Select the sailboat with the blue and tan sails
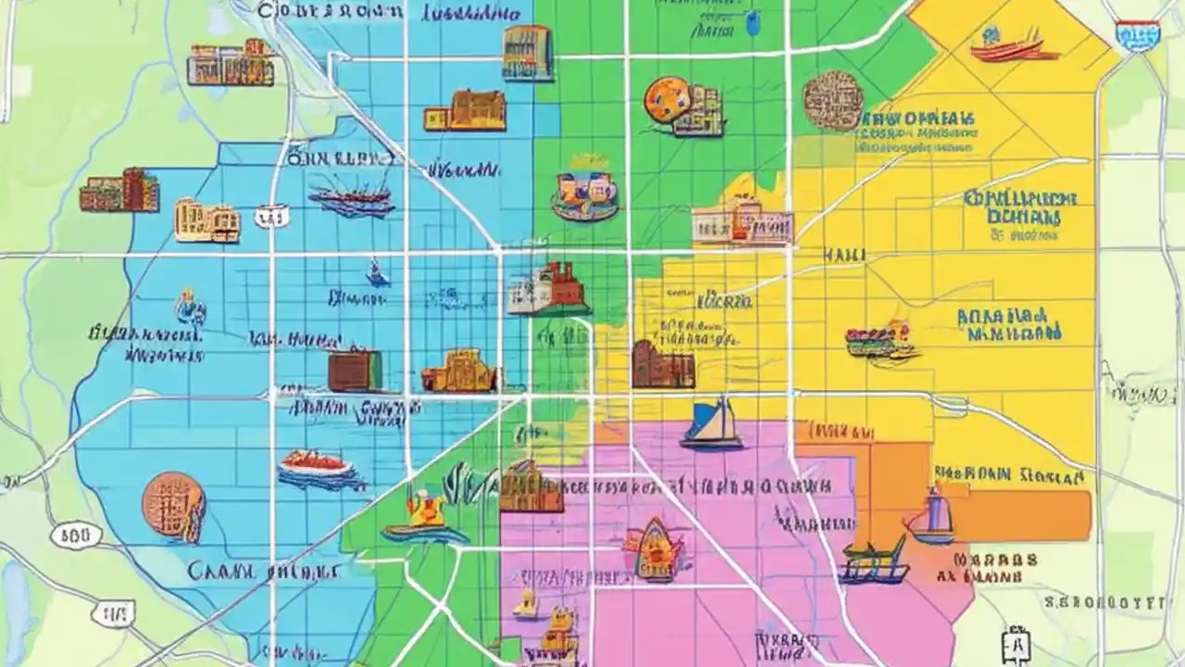(712, 425)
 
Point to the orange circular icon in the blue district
(174, 506)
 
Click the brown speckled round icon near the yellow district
(833, 99)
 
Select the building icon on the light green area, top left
(231, 64)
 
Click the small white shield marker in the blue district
(270, 217)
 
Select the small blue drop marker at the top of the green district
(753, 23)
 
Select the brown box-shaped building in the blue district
(353, 371)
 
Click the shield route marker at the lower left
(114, 613)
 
